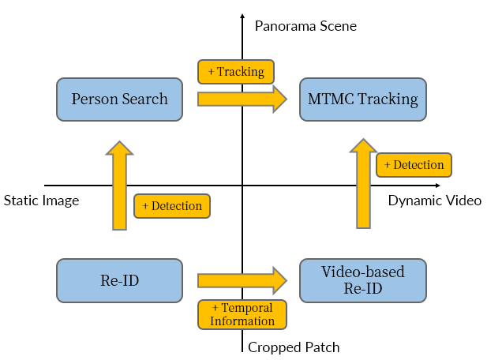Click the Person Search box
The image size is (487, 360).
[119, 99]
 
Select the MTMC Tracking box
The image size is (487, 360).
[362, 99]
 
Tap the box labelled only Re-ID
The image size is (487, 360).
[119, 280]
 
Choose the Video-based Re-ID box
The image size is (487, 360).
[362, 280]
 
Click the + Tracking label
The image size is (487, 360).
[236, 72]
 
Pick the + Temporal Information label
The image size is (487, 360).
[242, 314]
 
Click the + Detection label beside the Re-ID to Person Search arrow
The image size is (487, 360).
[172, 206]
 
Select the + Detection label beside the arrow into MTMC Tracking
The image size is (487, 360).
[414, 165]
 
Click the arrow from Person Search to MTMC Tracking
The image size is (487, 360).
[242, 99]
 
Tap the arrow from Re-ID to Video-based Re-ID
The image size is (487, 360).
[242, 280]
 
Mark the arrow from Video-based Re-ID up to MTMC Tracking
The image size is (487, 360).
[362, 185]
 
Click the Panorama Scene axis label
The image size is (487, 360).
[305, 26]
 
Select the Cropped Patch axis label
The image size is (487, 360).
[294, 347]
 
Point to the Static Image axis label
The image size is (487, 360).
[42, 201]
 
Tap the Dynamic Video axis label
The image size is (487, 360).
[434, 201]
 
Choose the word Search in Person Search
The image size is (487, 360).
[146, 99]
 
